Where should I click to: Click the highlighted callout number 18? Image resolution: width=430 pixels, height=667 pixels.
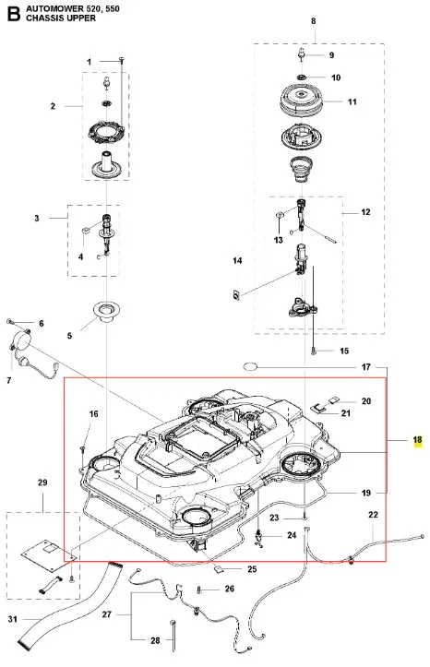click(x=417, y=440)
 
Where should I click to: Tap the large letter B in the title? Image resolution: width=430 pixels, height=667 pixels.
click(x=13, y=14)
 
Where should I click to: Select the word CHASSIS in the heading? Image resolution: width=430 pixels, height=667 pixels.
click(x=43, y=18)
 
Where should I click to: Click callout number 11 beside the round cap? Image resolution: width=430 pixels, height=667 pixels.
click(x=352, y=101)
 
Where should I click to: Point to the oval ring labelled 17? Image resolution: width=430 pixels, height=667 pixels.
click(x=250, y=366)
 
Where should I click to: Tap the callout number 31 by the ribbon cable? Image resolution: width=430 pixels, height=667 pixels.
click(x=13, y=618)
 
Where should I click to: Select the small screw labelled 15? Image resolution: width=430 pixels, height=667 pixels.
click(x=314, y=351)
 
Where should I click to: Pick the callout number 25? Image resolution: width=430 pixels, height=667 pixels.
click(x=252, y=568)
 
